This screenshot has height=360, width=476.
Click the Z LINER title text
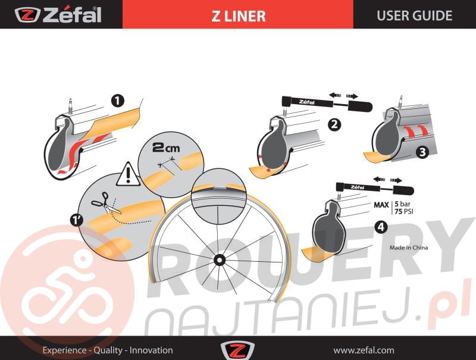coord(239,16)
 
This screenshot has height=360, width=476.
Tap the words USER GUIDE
coord(414,15)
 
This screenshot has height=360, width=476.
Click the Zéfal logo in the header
coord(58,15)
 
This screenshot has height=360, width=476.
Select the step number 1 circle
coord(117,101)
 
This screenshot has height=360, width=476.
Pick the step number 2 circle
coord(334,124)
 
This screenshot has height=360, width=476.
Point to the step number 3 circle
coord(422,152)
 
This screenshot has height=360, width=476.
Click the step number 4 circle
coord(381,227)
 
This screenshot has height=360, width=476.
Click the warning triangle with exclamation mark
coord(129,174)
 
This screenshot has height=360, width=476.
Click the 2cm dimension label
coord(166,148)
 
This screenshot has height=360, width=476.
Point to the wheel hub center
coord(218,260)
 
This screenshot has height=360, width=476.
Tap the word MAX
coord(381,205)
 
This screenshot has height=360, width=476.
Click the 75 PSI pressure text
coord(404,211)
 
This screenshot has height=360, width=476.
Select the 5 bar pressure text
coord(402,204)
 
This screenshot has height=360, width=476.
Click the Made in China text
coord(409,248)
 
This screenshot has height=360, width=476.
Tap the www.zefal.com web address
coord(364,350)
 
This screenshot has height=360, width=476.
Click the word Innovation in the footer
coord(151,350)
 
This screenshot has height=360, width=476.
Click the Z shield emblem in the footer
coord(237,350)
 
